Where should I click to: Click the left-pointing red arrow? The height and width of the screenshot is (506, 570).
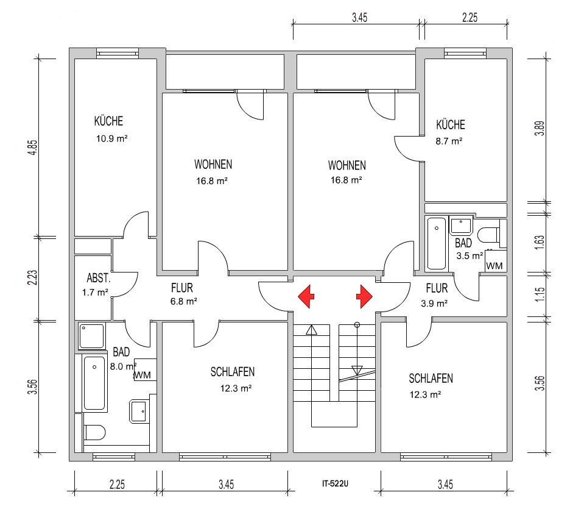pos(306,296)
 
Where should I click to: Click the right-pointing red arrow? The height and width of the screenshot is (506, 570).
pos(364,296)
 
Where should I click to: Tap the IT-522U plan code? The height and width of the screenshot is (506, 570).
pos(335,483)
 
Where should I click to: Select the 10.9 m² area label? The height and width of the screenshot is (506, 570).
pos(111,138)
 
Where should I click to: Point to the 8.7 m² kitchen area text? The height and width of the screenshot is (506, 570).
pos(449,141)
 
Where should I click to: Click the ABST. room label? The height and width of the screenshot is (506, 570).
pos(99,278)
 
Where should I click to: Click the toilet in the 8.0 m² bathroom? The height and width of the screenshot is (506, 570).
pos(94,432)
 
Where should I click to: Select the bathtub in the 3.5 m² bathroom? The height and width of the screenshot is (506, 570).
pos(436,243)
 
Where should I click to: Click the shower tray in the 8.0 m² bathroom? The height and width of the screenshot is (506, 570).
pos(91,336)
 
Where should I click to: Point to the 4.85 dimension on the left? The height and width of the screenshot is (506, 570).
pos(33,148)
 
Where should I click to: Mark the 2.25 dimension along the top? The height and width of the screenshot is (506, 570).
pos(470,18)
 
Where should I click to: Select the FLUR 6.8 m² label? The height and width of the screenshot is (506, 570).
pos(183,294)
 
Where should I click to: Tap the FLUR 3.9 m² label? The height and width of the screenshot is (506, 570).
pos(435,296)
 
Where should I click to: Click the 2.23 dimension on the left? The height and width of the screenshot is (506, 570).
pos(33,277)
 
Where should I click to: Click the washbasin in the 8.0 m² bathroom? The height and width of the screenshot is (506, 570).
pos(139,412)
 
